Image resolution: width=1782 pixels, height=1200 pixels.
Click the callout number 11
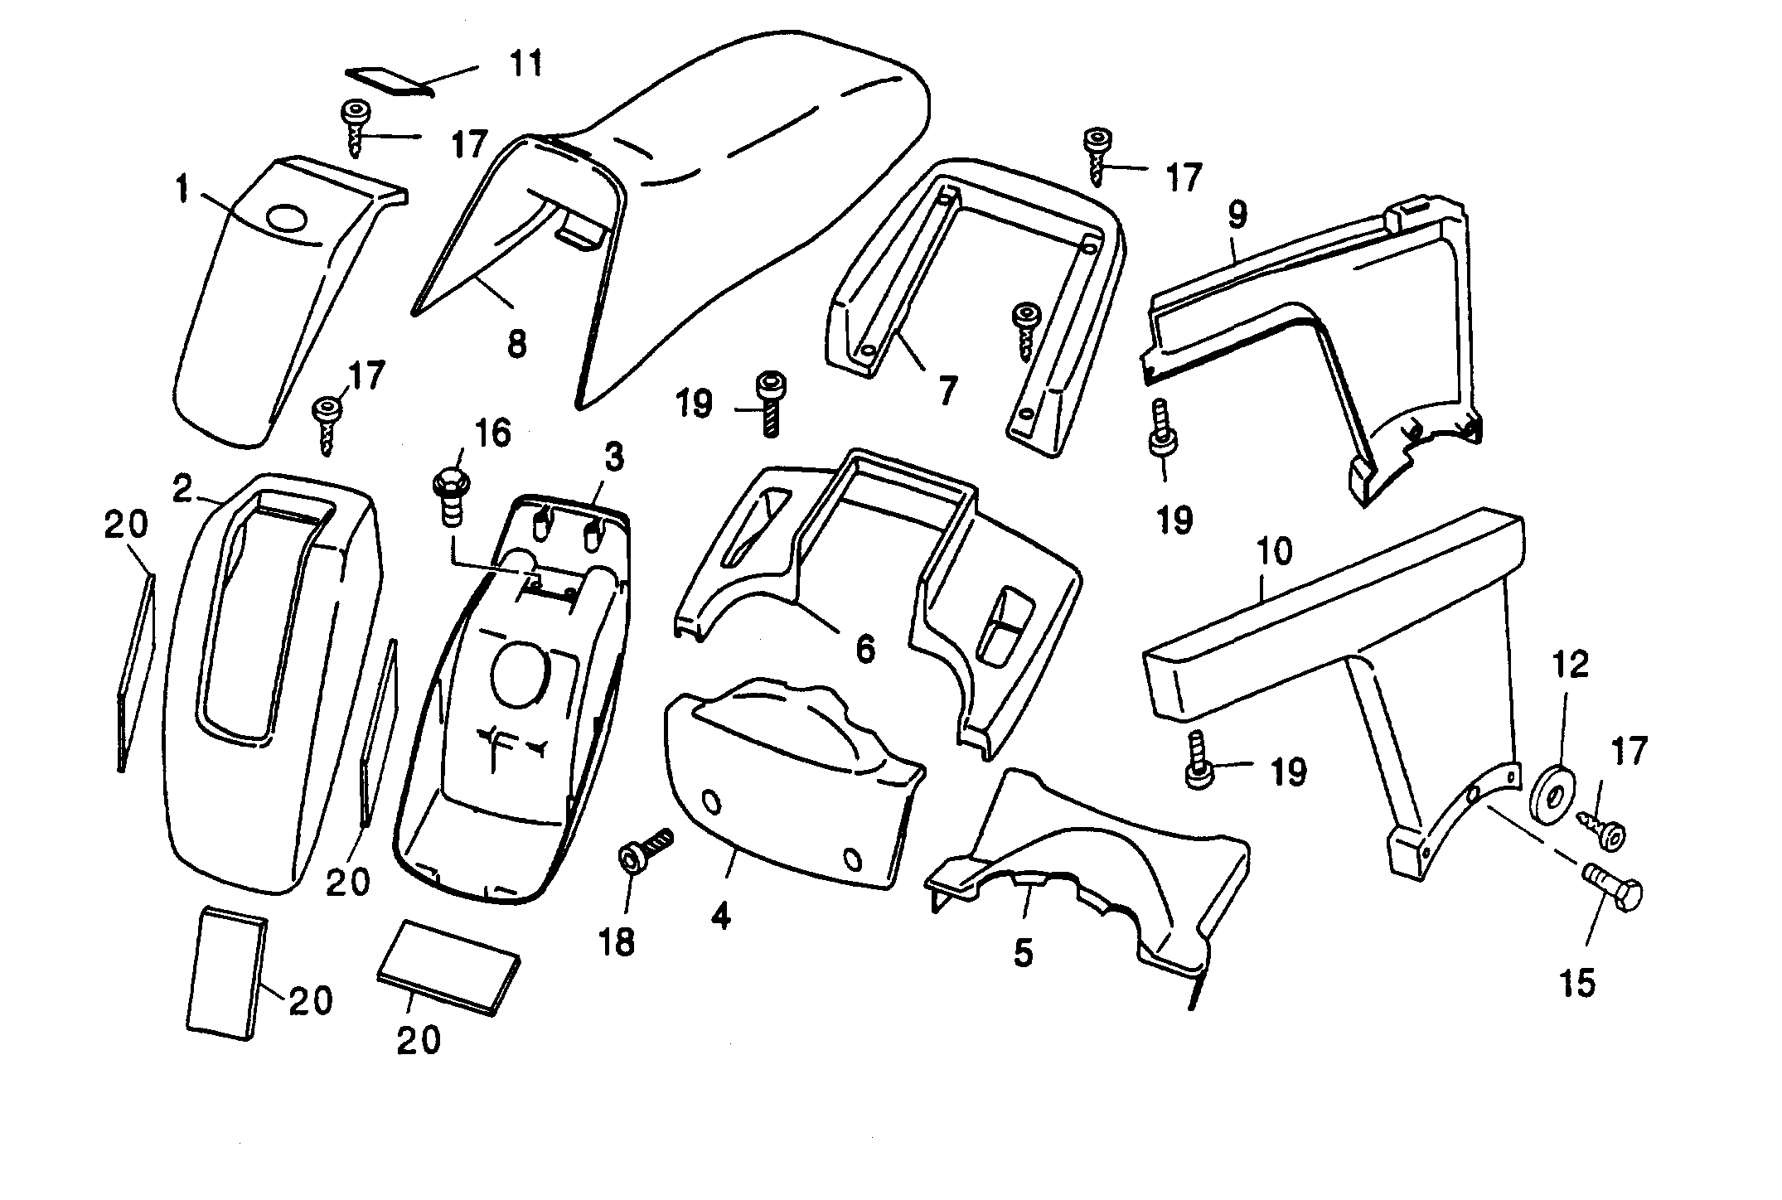coord(526,63)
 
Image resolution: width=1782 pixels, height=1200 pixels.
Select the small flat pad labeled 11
coord(390,80)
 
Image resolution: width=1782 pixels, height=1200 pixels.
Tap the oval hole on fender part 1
coord(286,220)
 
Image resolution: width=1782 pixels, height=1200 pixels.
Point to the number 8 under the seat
coord(516,343)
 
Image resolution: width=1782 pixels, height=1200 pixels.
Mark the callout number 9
coord(1236,215)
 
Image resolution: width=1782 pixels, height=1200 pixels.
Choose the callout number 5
coord(1024,954)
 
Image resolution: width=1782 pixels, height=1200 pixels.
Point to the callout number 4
coord(721,917)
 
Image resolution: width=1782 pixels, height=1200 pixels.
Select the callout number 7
coord(947,389)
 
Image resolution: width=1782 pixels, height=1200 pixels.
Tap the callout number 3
coord(613,457)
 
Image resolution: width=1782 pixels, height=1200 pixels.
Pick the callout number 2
coord(182,489)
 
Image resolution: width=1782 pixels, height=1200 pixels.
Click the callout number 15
coord(1576,983)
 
